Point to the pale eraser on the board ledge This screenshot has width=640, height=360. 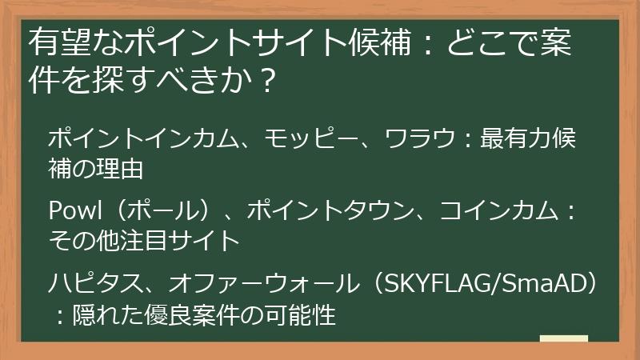[x=563, y=338]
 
